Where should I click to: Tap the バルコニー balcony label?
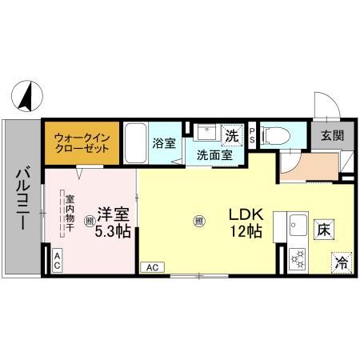coord(23,198)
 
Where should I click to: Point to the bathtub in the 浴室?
coord(135,144)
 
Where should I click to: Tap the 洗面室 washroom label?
coord(215,155)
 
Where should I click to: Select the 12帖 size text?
coord(246,232)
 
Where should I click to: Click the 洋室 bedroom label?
coord(113,215)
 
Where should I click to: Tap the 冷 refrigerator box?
coord(341,261)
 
